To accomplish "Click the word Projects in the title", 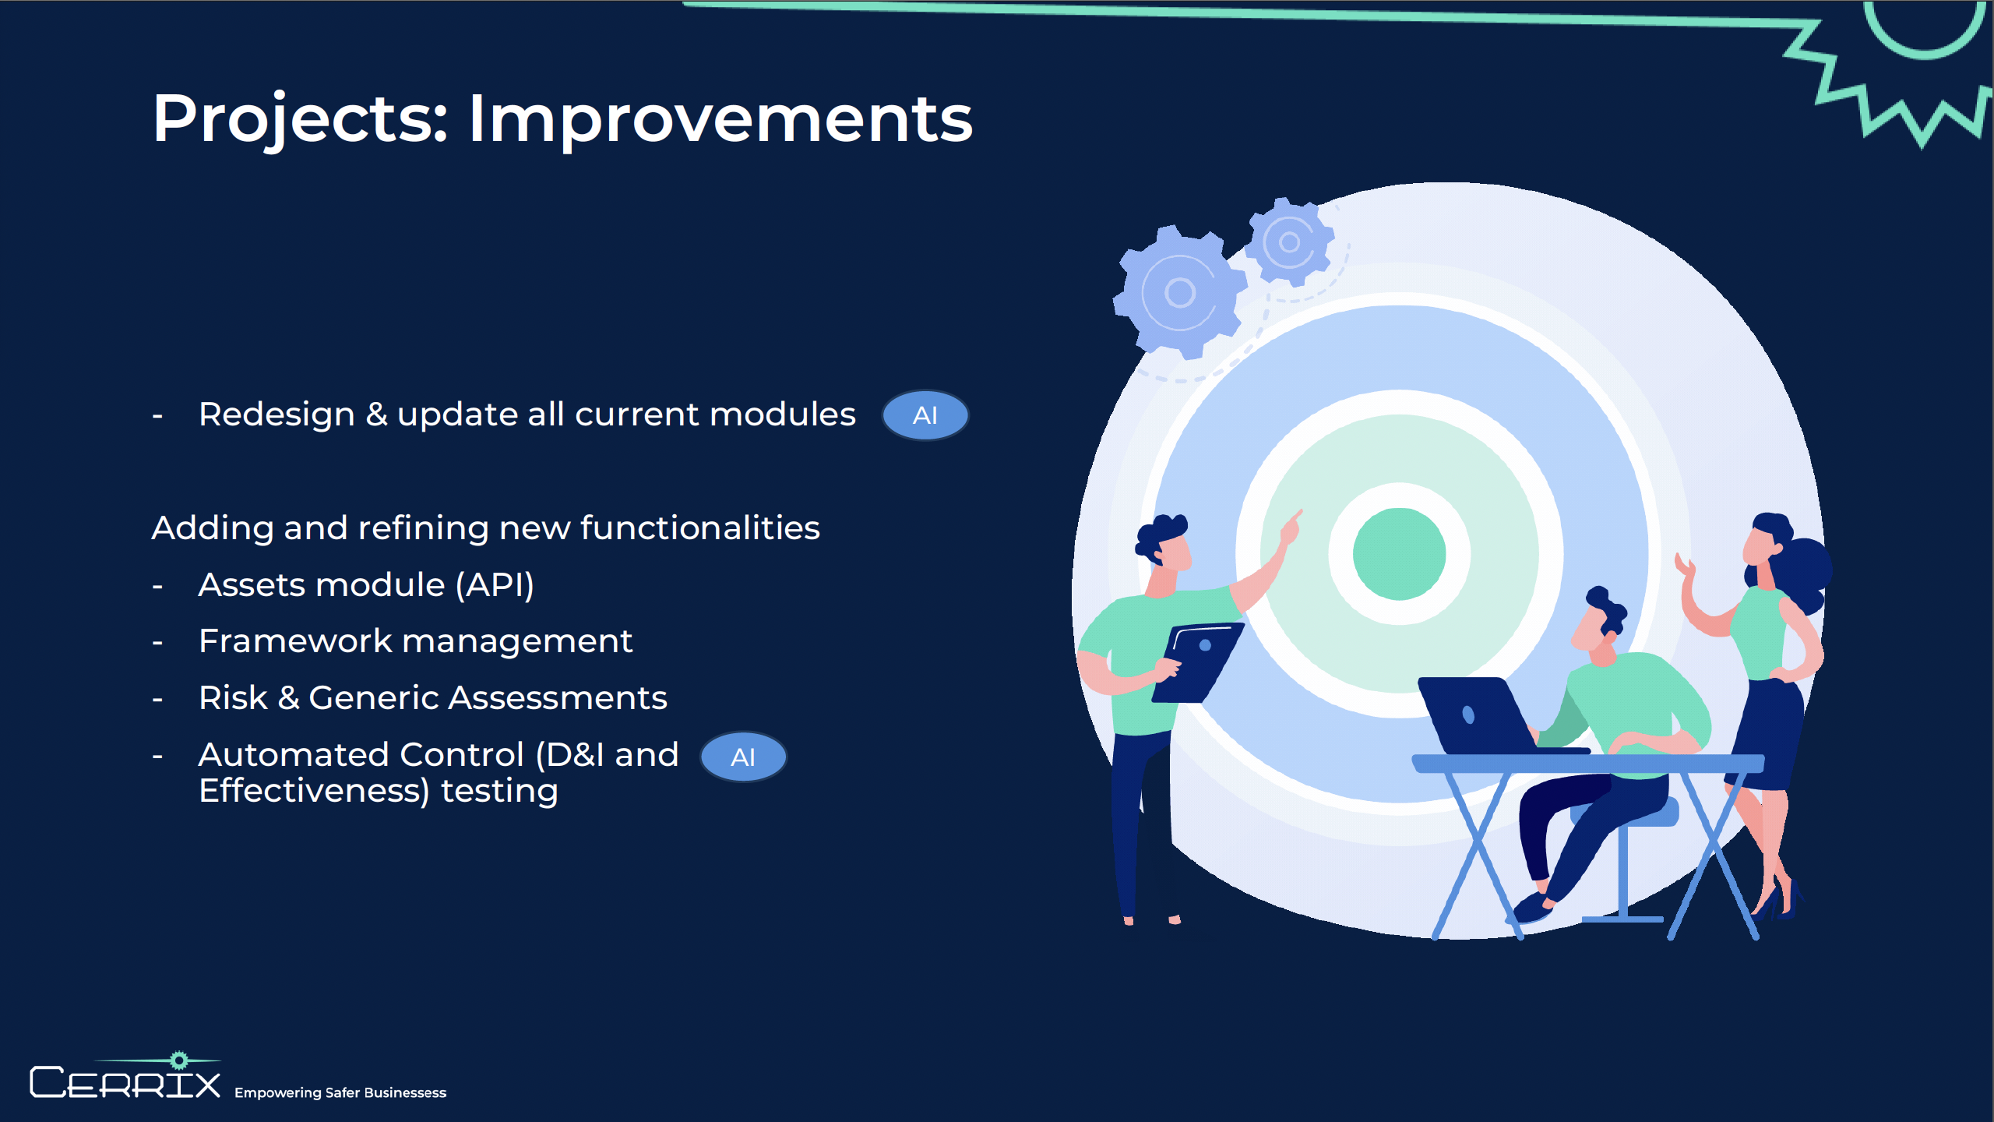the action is click(x=301, y=118).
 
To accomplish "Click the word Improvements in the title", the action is click(x=720, y=118).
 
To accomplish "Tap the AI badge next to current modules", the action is click(x=925, y=415).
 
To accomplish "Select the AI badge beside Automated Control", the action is click(x=743, y=757).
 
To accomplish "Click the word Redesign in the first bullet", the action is click(x=277, y=415).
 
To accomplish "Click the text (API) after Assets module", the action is click(x=495, y=585).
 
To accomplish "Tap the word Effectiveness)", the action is click(x=315, y=792).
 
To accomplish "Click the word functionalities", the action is click(x=700, y=527).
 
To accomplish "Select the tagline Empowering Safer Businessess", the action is click(x=340, y=1092).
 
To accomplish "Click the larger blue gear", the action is click(x=1178, y=292).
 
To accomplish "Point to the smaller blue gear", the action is click(x=1289, y=242).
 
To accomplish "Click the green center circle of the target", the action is click(x=1399, y=554).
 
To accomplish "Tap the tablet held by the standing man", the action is click(x=1197, y=662).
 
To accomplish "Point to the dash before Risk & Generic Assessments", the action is click(x=157, y=700).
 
